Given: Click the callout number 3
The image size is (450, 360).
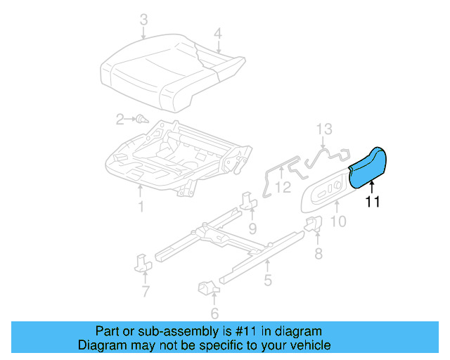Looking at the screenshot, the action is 143,20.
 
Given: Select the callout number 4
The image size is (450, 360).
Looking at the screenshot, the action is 218,33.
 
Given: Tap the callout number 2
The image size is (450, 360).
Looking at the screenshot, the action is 120,119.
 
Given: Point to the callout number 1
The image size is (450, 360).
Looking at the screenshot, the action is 141,207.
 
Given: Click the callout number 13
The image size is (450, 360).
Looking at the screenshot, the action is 323,129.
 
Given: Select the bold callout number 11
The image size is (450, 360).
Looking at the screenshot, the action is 373,202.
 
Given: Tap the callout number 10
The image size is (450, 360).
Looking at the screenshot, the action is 338,222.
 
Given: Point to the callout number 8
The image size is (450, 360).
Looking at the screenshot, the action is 318,253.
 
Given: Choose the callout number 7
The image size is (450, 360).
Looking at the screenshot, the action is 146,291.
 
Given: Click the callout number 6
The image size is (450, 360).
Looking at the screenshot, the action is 214,313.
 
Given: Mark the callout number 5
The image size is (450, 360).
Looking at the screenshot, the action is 268,281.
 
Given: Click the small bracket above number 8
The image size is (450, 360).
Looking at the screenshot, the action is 313,225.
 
